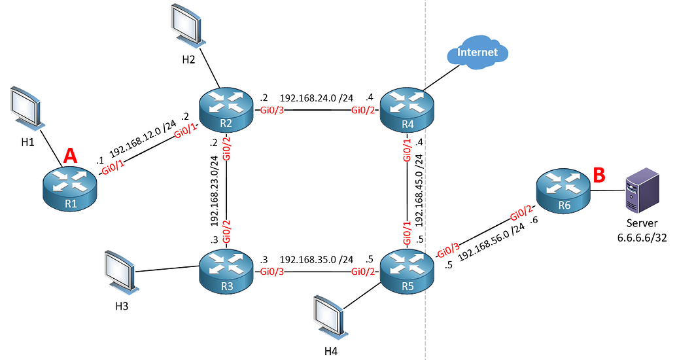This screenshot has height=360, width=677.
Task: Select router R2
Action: (226, 109)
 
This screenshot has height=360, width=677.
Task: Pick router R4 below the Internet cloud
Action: (407, 109)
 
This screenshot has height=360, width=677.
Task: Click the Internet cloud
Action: (477, 54)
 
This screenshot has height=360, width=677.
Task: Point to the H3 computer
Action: (120, 270)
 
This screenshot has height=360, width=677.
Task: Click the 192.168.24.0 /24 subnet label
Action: (317, 98)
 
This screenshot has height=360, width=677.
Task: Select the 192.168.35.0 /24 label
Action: (317, 259)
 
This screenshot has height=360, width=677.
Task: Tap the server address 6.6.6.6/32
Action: (642, 237)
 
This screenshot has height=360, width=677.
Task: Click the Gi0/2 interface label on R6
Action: (521, 213)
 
